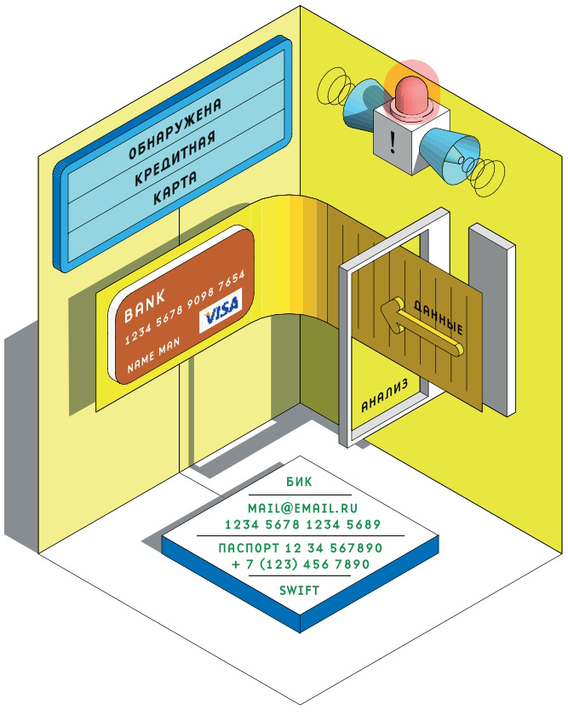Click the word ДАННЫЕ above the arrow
coord(438,317)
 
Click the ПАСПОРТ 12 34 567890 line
coord(300,547)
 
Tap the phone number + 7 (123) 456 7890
coord(300,563)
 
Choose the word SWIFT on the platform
coord(299,589)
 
